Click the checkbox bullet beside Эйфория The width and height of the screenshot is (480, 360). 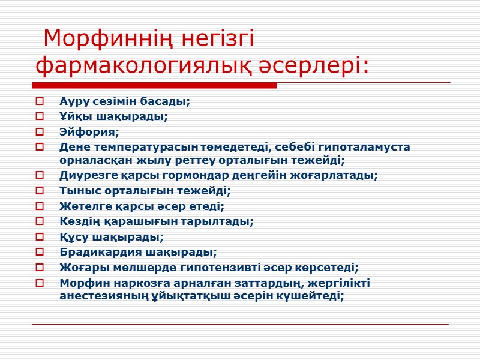coord(40,131)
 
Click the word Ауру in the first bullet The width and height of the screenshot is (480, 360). coord(73,101)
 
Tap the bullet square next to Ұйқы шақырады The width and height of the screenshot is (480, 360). coord(40,116)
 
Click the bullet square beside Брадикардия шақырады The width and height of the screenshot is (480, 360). coord(40,253)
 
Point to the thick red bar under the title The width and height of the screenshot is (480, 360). coord(156,85)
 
